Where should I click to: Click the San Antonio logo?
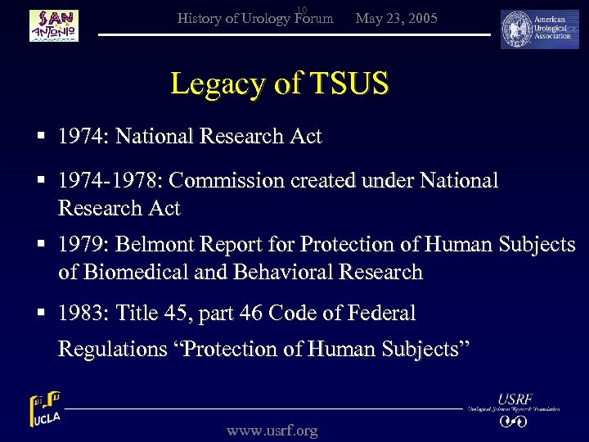pos(54,25)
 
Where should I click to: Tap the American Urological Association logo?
pos(539,29)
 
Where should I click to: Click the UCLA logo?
pos(45,410)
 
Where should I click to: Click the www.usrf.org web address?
pos(272,431)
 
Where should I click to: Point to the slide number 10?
pos(301,10)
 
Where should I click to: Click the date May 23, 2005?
pos(397,18)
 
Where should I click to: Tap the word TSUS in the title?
pos(347,83)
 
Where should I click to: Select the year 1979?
pos(82,245)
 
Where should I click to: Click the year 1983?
pos(82,313)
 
